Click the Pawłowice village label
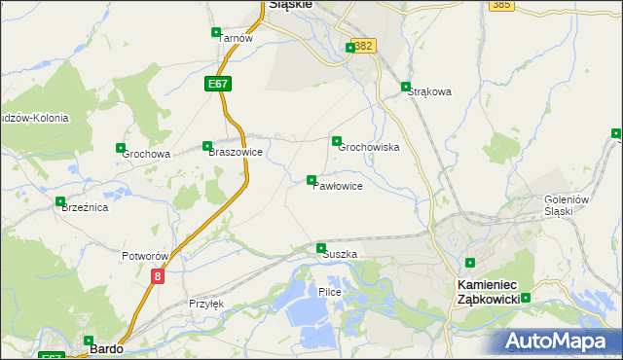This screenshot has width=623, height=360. click(x=338, y=186)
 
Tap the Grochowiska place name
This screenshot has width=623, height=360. click(x=369, y=148)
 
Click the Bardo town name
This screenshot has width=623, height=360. click(x=105, y=347)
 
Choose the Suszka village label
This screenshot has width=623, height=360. click(x=340, y=254)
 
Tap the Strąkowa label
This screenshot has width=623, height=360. click(x=430, y=92)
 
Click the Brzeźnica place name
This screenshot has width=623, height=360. click(x=84, y=207)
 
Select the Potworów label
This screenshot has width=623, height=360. click(x=146, y=256)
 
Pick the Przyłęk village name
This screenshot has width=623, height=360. click(x=206, y=304)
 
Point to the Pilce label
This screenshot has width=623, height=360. click(x=330, y=292)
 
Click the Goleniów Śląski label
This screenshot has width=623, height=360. click(x=568, y=205)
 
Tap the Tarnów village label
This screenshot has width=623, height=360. click(x=236, y=38)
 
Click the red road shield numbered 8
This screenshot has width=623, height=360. click(x=158, y=276)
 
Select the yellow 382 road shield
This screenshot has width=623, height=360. click(x=364, y=46)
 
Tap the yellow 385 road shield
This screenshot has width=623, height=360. click(x=501, y=5)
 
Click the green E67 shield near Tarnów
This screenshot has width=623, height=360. click(x=218, y=85)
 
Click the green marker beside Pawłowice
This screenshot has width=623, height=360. click(x=311, y=180)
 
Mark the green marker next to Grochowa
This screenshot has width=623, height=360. click(x=121, y=148)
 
